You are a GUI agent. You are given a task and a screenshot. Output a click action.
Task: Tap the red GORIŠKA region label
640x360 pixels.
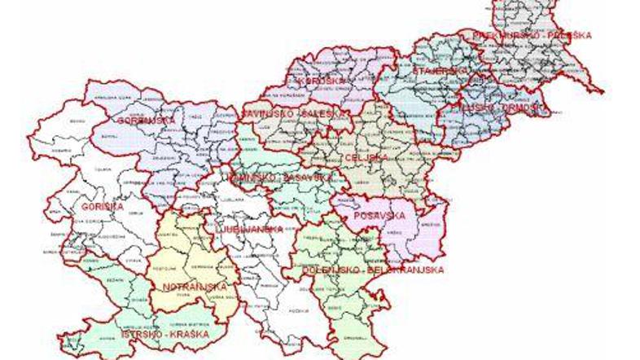pyautogui.click(x=102, y=207)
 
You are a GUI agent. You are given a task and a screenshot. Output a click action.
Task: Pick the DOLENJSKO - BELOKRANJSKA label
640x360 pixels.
pyautogui.click(x=372, y=268)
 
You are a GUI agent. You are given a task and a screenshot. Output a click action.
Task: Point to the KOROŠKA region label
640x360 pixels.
pyautogui.click(x=317, y=81)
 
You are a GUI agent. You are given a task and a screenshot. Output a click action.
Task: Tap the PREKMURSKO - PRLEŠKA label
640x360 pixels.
pyautogui.click(x=534, y=35)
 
